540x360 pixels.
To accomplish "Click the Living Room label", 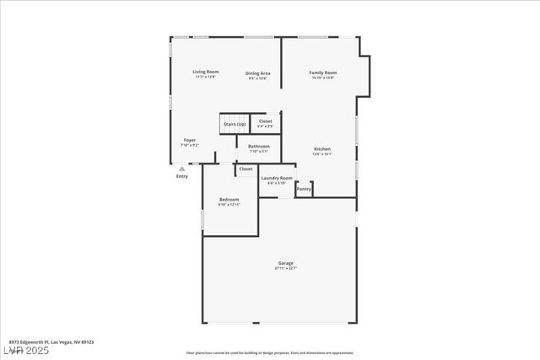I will point(206,73).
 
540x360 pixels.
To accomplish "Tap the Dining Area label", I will point(258,73).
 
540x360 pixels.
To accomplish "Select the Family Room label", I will point(323,73).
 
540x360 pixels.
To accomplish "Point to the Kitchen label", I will point(323,149).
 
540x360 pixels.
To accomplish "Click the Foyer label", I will point(190,140).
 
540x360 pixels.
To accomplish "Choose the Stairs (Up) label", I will point(235,125).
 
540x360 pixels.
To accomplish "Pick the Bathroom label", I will point(259,147).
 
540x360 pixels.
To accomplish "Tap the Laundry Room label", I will point(277,178).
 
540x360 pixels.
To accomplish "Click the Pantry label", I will point(304,190).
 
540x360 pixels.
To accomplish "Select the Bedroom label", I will point(229,200).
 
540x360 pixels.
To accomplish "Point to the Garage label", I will point(286,263).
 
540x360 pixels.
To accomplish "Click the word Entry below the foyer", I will point(182,176).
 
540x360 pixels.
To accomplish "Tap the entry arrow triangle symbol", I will point(181,169).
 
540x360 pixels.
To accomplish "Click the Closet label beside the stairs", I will point(266,121).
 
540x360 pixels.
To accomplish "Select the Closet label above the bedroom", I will point(246,169).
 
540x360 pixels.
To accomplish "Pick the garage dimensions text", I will point(286,268).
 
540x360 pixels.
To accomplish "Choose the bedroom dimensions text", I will point(229,205).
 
